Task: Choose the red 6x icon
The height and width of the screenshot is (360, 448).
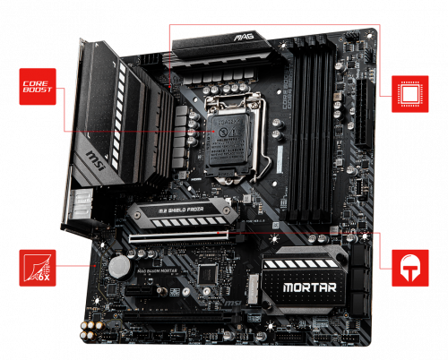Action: point(38,268)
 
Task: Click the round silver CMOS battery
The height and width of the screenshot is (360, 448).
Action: point(118,266)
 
